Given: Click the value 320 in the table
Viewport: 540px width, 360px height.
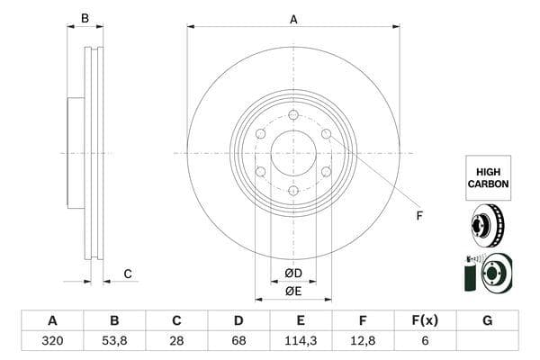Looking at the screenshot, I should coord(52,340).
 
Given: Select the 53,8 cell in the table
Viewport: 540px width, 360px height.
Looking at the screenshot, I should coord(114,340).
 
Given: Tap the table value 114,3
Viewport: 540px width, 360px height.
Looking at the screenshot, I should coord(301,340).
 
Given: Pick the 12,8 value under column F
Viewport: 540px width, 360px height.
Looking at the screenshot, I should coord(363,340).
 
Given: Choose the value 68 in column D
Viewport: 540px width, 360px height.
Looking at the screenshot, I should coord(238,340).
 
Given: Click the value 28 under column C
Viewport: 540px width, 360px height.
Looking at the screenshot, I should coord(176,340).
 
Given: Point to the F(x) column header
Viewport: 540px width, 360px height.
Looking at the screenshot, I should coord(425,320).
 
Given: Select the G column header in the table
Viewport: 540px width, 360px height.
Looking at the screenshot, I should coord(487,320).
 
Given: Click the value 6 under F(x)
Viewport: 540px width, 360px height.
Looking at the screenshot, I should coord(425,340).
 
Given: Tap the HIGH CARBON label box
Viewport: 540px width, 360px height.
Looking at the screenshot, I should coord(488,177).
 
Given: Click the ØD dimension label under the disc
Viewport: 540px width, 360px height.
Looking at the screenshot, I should coord(293,273).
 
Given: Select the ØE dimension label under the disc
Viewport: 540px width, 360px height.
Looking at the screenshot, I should coord(293,291).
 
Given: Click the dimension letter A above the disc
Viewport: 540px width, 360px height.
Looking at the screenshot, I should coord(293,18).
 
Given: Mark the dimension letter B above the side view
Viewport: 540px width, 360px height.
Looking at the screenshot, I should coord(85,18).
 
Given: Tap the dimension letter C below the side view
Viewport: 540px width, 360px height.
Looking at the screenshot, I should coord(128,274).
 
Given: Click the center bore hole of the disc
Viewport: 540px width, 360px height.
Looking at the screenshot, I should coord(293,152).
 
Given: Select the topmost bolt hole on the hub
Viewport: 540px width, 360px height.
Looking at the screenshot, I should coord(293,114).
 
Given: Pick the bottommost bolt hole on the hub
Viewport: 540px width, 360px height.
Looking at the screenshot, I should coord(293,190).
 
